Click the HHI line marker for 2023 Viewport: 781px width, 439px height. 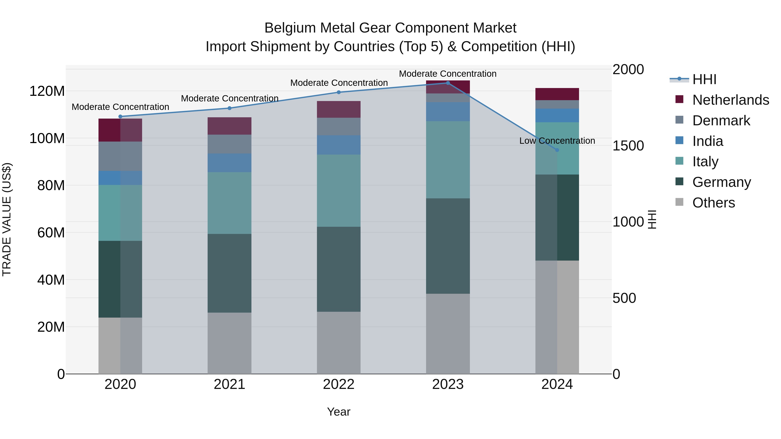point(448,83)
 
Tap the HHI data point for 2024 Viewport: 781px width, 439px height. point(557,150)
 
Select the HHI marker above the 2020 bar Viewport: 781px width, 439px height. point(120,116)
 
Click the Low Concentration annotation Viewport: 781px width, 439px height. point(557,141)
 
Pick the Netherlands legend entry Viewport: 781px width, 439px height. point(730,100)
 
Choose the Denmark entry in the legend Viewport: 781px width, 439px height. point(721,121)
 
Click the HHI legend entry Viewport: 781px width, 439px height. point(704,79)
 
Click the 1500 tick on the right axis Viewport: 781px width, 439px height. point(628,146)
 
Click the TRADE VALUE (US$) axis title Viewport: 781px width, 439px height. point(7,219)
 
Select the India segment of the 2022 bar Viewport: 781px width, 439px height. point(339,145)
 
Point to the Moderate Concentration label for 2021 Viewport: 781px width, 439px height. point(230,98)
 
